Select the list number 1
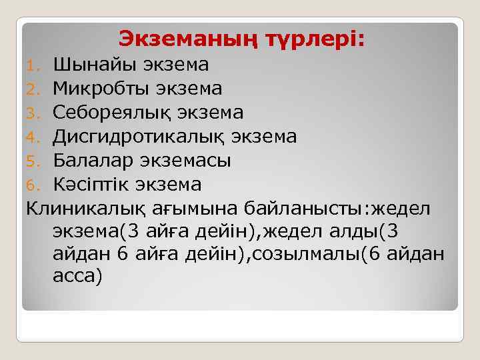[x=37, y=65]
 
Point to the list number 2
[x=37, y=89]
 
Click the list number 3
[x=37, y=113]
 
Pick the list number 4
[x=37, y=137]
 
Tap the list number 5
[x=37, y=161]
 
